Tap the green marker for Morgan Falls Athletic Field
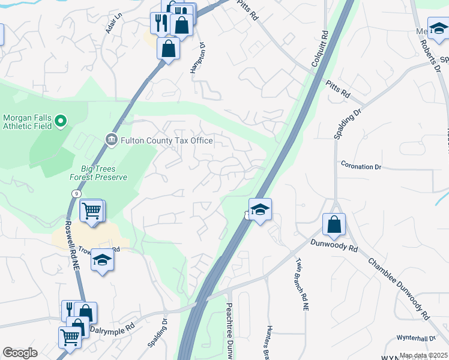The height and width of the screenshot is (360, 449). click(x=60, y=122)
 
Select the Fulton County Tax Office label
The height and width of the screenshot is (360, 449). click(x=167, y=140)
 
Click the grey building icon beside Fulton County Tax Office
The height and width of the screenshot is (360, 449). click(x=112, y=140)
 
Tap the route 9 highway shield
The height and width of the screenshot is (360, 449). click(x=75, y=194)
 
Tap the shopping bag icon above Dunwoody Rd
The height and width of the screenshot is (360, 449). click(x=334, y=225)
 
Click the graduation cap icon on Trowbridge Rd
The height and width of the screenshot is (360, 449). click(x=102, y=260)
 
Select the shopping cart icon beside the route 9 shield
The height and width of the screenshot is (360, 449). click(x=91, y=210)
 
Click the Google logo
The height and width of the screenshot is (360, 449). click(x=20, y=353)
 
